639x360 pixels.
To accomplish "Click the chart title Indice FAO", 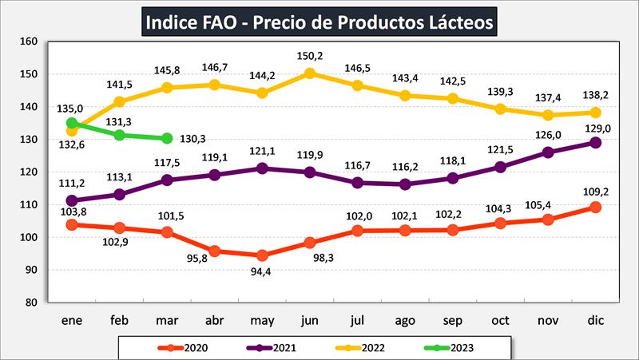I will pos(319,22).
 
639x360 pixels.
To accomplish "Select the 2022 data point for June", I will pos(310,73).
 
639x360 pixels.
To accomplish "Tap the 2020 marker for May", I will pos(261,255).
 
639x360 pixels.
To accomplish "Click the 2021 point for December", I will pos(594,142).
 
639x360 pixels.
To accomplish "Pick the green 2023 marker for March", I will pos(165,138).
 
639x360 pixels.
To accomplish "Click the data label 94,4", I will pos(261,273).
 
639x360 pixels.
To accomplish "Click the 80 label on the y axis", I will pos(30,303).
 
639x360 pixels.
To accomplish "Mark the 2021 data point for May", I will pos(261,168).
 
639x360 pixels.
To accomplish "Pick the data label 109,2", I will pos(594,190).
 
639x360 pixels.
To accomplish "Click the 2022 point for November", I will pos(547,115).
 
